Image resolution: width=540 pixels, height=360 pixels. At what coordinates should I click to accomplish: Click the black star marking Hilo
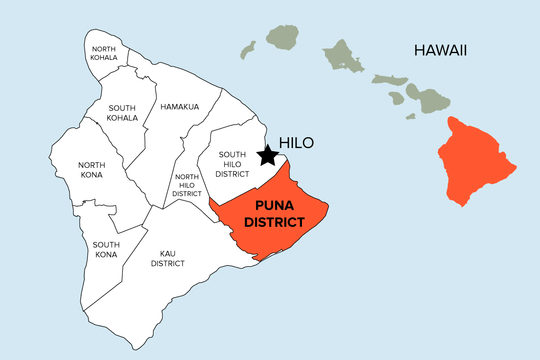268,155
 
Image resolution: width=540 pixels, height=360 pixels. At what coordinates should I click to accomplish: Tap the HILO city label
296,143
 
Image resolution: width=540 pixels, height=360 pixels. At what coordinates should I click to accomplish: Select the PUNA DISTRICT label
274,214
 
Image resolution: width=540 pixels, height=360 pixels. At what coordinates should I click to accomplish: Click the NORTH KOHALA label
103,53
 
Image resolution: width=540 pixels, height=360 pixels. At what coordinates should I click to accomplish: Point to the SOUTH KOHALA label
122,113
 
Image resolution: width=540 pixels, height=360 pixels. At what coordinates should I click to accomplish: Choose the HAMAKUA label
180,107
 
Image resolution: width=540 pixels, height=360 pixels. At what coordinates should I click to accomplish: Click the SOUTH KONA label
106,250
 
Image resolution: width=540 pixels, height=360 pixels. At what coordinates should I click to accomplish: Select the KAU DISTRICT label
167,259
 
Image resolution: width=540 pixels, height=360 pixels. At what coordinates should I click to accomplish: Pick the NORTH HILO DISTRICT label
187,185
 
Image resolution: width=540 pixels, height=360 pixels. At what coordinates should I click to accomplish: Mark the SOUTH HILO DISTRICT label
232,164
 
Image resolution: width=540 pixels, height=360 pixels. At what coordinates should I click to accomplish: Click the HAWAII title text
440,50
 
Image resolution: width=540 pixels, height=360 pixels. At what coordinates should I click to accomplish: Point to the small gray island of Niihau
247,50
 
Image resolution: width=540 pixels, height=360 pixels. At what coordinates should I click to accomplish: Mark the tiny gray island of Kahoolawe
410,117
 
